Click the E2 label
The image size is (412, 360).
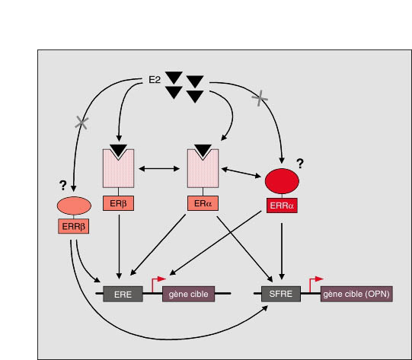[155, 80]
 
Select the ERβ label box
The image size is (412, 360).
[118, 203]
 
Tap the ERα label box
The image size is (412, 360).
[203, 203]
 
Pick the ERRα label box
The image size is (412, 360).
[282, 205]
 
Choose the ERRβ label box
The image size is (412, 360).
[74, 226]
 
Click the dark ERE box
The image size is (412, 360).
[123, 294]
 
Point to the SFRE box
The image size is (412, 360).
[281, 294]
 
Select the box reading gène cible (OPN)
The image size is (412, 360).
[356, 294]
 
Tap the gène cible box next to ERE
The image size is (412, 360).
[188, 294]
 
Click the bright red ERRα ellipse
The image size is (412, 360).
[282, 181]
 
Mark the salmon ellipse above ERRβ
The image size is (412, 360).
[74, 205]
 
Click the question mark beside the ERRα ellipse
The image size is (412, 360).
[300, 164]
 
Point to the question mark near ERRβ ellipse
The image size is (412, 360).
[62, 186]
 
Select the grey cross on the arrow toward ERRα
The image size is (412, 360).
[260, 98]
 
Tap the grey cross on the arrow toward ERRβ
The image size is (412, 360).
[81, 123]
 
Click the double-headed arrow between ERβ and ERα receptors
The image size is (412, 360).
[159, 168]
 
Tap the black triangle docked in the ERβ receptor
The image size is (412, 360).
[119, 151]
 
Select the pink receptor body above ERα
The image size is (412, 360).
[203, 170]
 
